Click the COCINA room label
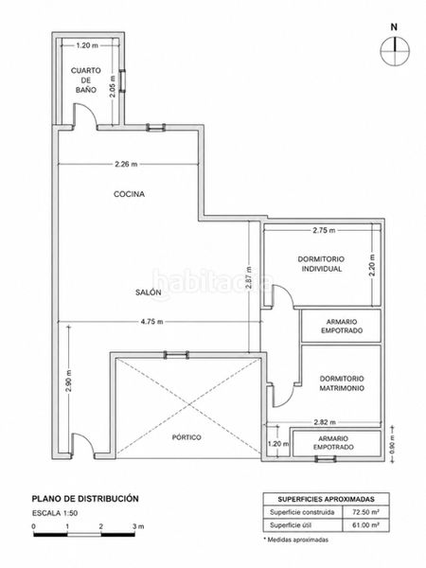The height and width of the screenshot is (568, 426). click(130, 194)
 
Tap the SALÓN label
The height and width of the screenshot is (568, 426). click(149, 293)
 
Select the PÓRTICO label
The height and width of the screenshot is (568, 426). click(186, 437)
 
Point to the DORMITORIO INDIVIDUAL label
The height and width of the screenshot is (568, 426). click(321, 264)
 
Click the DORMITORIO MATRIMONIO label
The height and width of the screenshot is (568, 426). click(342, 383)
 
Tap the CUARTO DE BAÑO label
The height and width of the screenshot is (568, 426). click(86, 80)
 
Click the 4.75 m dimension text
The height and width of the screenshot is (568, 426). click(151, 322)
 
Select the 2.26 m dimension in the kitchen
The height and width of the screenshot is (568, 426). click(126, 164)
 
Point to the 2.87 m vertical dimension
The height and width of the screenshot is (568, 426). click(248, 277)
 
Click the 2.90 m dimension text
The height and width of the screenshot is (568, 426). click(69, 381)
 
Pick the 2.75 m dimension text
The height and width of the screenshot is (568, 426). click(324, 230)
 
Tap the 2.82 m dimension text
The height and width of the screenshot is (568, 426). click(325, 422)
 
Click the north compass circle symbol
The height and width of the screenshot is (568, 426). click(395, 51)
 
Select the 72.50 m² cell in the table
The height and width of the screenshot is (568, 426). click(365, 512)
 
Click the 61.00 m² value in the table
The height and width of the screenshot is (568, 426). click(365, 524)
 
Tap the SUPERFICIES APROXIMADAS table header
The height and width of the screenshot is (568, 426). click(326, 499)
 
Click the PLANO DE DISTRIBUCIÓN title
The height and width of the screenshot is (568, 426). click(85, 499)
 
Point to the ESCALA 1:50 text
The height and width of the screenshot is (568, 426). click(55, 513)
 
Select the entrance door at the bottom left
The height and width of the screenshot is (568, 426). click(83, 444)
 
